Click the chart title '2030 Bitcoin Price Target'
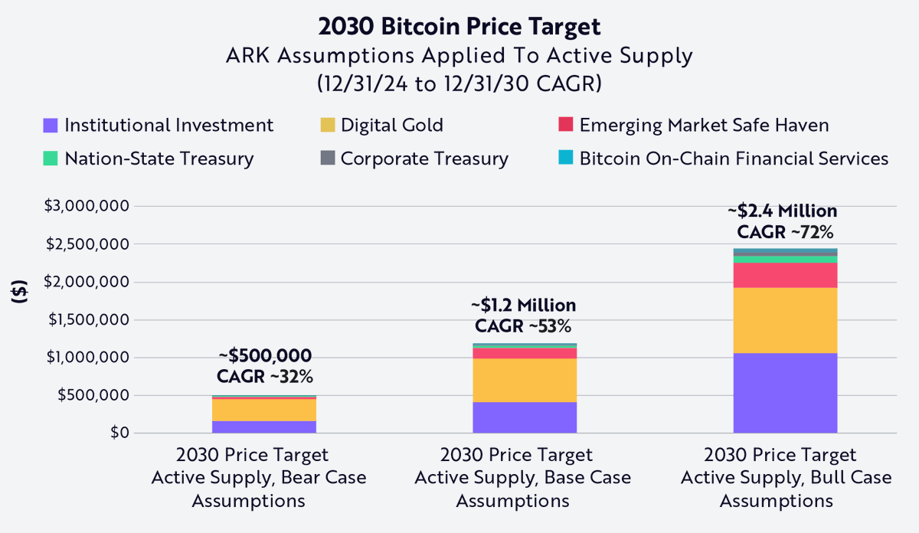click(459, 26)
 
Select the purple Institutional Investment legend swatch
click(51, 126)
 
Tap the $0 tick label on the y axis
click(118, 433)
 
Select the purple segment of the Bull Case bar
click(785, 393)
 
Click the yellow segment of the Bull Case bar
click(785, 320)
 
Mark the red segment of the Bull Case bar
click(785, 275)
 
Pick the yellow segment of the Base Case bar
click(525, 380)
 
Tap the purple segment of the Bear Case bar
click(264, 427)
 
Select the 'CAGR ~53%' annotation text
click(523, 326)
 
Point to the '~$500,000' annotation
click(265, 356)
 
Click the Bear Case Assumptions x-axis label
click(259, 478)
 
